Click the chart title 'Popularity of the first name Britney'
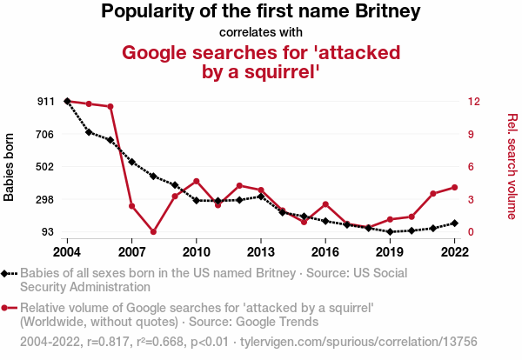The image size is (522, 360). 260,12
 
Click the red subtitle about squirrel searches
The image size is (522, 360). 261,62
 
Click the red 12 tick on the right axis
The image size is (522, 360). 473,102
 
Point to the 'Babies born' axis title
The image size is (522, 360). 10,167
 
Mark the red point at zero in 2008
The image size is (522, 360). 153,232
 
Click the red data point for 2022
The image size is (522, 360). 454,187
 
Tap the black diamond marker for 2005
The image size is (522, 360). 89,132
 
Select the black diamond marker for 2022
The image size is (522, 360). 454,223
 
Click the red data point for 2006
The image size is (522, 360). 110,107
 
